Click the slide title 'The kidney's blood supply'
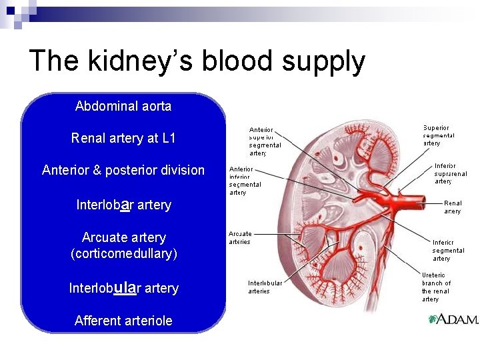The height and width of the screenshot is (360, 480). pos(197,61)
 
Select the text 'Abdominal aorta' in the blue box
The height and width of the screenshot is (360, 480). pos(123,106)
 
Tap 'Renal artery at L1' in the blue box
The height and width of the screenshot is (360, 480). pos(123,138)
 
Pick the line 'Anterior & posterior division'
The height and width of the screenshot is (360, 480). pos(123,170)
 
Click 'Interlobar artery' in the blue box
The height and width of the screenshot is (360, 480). pos(123,204)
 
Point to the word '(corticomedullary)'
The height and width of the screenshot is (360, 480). pos(123,253)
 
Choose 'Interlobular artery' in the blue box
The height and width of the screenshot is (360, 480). pos(123,287)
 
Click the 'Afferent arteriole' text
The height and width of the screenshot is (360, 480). pos(123,321)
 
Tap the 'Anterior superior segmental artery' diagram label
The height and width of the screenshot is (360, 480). pos(265,141)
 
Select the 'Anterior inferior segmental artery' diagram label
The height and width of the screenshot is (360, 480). pos(245,181)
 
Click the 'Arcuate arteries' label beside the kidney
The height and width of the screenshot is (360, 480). pos(240,238)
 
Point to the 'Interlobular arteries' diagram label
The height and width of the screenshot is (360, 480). pos(265,287)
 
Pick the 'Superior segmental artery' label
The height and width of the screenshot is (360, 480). pos(438,135)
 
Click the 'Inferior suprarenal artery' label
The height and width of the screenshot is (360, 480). pos(451,173)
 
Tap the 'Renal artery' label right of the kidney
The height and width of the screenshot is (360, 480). pos(453,207)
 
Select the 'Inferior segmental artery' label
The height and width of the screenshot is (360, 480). pos(447,250)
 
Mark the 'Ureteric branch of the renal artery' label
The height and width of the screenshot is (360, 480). pos(437,287)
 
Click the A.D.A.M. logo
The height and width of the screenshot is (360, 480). pos(453,320)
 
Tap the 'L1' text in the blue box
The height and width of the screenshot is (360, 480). pos(168,138)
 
